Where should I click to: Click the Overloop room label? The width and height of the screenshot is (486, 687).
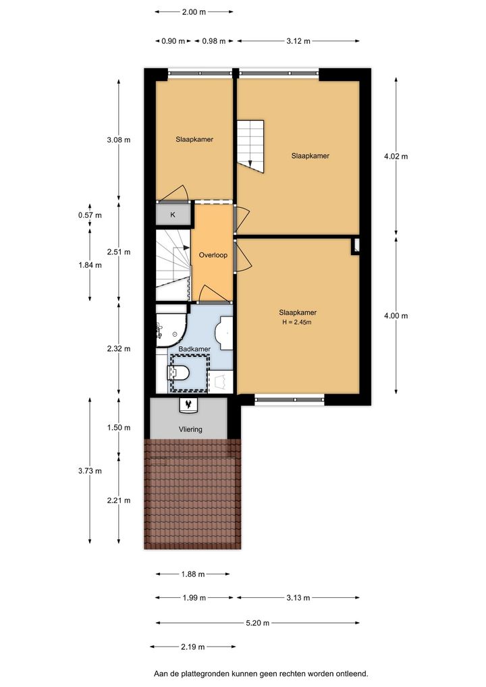[x=213, y=255]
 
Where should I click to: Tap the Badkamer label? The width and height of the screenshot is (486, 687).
[x=194, y=349]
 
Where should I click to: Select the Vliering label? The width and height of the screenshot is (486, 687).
[x=190, y=429]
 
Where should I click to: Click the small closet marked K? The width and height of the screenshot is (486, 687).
[x=173, y=215]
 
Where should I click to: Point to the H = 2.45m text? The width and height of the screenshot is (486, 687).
[x=297, y=322]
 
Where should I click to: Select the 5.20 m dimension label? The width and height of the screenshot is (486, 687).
[x=257, y=623]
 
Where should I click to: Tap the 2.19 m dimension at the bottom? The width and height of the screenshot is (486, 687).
[x=193, y=647]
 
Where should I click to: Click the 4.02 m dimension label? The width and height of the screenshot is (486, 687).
[x=396, y=157]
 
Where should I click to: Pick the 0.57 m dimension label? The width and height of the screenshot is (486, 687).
[x=90, y=215]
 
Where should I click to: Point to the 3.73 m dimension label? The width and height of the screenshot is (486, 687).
[x=90, y=471]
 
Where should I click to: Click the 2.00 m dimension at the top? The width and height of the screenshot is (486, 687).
[x=194, y=12]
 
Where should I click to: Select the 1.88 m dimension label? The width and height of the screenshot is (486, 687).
[x=193, y=574]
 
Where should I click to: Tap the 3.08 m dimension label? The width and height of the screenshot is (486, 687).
[x=118, y=140]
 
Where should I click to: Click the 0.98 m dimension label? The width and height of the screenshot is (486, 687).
[x=214, y=41]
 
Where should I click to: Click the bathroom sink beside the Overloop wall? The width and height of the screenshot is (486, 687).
[x=223, y=334]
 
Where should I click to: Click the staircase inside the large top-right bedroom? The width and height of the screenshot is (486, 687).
[x=250, y=146]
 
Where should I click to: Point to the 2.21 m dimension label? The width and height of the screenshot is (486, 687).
[x=118, y=500]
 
